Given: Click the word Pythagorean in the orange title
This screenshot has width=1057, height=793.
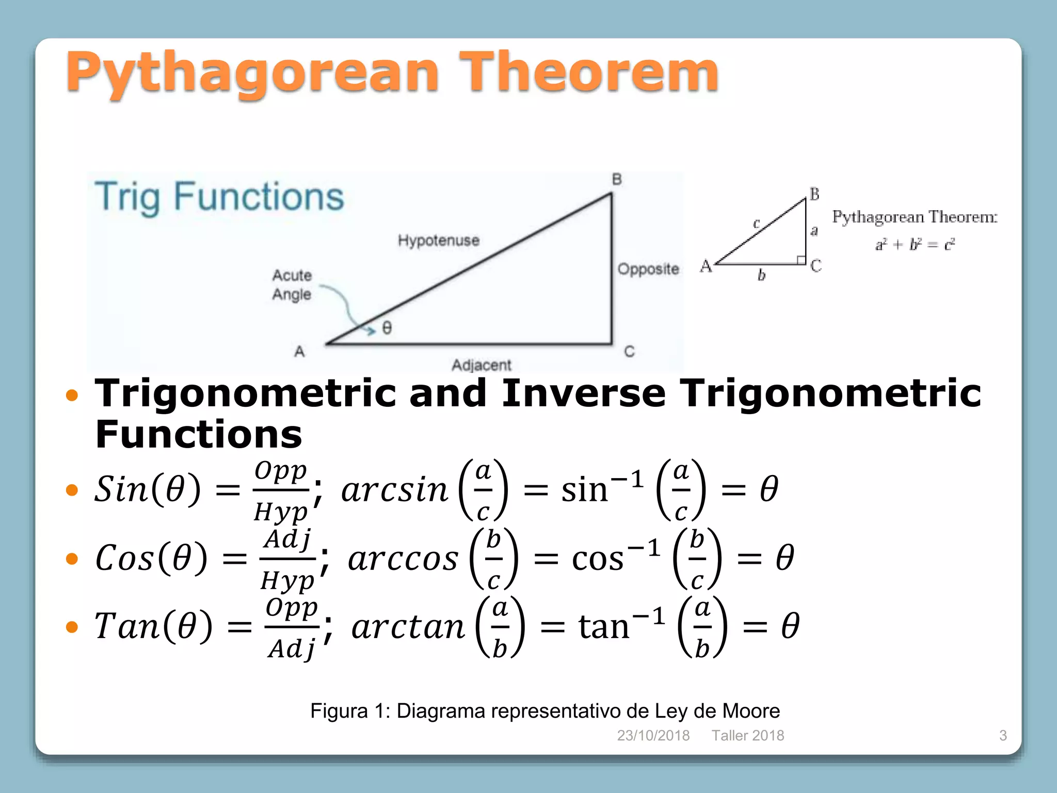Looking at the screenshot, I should pyautogui.click(x=253, y=73).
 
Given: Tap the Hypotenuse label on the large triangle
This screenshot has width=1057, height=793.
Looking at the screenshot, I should pyautogui.click(x=438, y=240).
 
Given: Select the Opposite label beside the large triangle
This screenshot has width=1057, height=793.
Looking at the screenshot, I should pyautogui.click(x=648, y=269).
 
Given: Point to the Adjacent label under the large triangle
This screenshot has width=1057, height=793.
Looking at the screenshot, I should pyautogui.click(x=481, y=365).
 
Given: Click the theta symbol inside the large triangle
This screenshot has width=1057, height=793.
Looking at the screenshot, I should pyautogui.click(x=387, y=328).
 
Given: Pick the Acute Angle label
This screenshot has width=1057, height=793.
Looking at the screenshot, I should pyautogui.click(x=292, y=284).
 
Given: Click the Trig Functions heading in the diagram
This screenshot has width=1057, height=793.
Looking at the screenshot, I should pyautogui.click(x=219, y=197).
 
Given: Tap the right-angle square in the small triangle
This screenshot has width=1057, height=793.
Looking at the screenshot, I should pyautogui.click(x=801, y=260).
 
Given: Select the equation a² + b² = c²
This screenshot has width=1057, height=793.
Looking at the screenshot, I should pyautogui.click(x=915, y=244).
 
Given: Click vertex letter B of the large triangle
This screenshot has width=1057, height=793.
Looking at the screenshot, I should pyautogui.click(x=617, y=180).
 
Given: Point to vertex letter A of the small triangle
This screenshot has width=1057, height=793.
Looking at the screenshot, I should pyautogui.click(x=706, y=266).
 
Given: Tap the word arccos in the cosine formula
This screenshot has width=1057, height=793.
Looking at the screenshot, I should pyautogui.click(x=403, y=559).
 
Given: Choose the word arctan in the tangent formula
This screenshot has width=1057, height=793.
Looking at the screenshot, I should pyautogui.click(x=408, y=627).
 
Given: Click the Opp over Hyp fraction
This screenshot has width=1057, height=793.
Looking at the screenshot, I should pyautogui.click(x=281, y=490).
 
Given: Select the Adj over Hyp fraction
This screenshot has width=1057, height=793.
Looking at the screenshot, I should pyautogui.click(x=287, y=559).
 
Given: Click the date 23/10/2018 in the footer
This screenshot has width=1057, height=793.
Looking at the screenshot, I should pyautogui.click(x=653, y=735).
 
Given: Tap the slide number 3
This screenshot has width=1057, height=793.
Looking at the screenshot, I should pyautogui.click(x=1003, y=735).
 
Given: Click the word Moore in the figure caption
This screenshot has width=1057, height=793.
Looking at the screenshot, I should pyautogui.click(x=750, y=711).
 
